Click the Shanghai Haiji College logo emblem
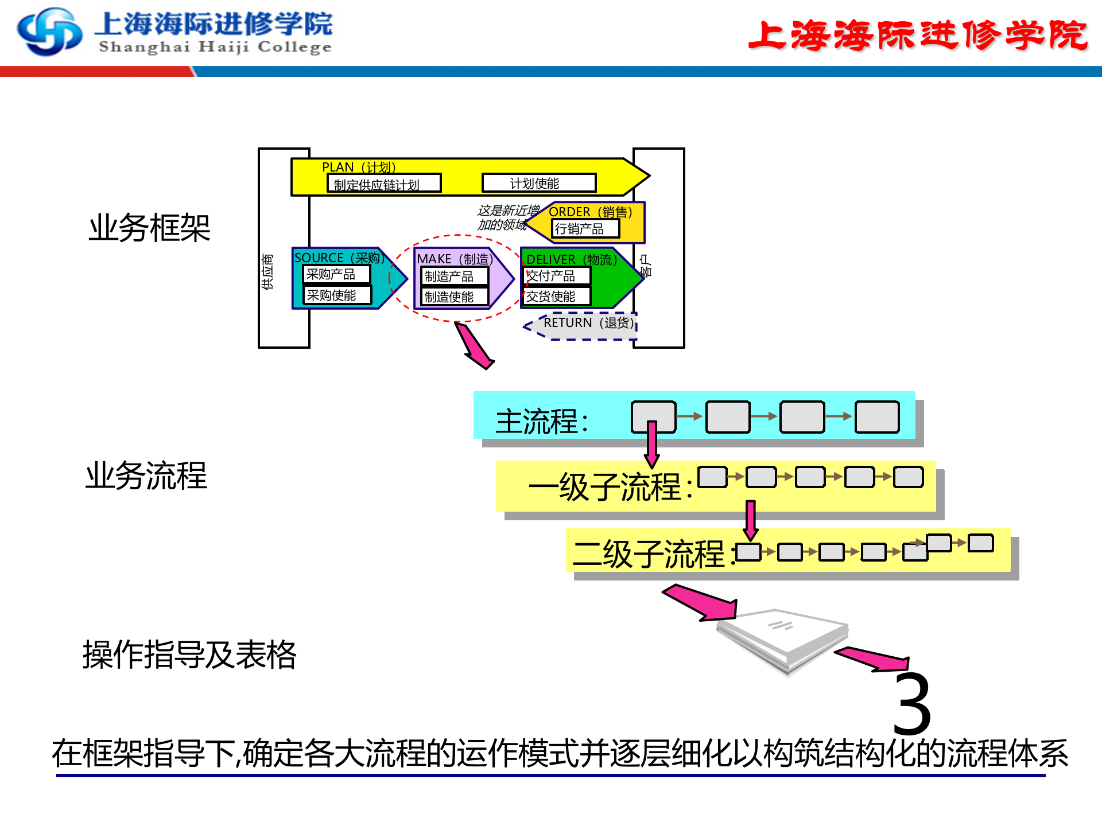(x=49, y=32)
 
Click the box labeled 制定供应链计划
(x=383, y=184)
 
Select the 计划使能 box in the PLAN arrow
(x=538, y=183)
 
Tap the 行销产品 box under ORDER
(x=585, y=229)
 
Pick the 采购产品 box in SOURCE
(x=336, y=274)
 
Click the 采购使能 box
(x=337, y=295)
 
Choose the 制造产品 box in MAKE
(x=454, y=276)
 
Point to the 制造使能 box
(x=454, y=297)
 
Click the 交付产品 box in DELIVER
(x=556, y=276)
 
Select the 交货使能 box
(x=556, y=296)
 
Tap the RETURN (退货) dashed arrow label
(x=588, y=323)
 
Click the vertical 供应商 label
(x=267, y=271)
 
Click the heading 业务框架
(x=149, y=228)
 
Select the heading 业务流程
(x=146, y=476)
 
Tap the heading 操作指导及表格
(x=189, y=654)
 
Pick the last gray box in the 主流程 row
(x=876, y=417)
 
